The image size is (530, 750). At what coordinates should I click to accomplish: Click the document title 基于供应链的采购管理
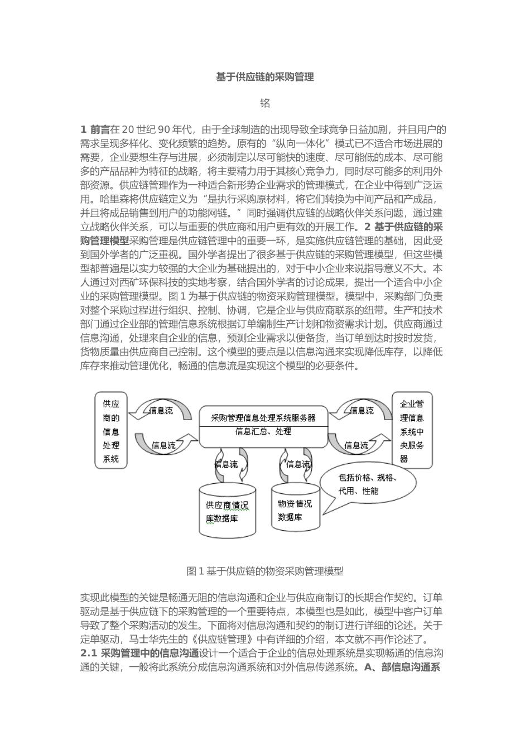[x=265, y=77]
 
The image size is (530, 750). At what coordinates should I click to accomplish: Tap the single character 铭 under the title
[x=265, y=103]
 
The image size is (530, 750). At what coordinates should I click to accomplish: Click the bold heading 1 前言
[x=95, y=130]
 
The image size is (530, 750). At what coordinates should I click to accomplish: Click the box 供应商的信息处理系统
[x=111, y=430]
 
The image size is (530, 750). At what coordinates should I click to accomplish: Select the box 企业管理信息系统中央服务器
[x=412, y=430]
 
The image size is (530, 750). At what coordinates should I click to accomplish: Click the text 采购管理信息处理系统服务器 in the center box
[x=263, y=417]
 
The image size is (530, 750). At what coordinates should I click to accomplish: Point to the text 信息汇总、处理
[x=263, y=431]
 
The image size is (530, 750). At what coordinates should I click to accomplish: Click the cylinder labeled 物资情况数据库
[x=295, y=510]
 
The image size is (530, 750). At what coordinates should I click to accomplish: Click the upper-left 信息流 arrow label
[x=161, y=411]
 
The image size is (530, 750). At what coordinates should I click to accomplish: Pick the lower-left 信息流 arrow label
[x=163, y=445]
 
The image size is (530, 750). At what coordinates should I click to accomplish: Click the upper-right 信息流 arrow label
[x=362, y=411]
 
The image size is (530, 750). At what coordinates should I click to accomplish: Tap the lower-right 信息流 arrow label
[x=356, y=445]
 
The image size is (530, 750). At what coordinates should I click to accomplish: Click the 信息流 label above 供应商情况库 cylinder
[x=226, y=464]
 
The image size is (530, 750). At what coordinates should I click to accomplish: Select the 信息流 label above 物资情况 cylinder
[x=298, y=464]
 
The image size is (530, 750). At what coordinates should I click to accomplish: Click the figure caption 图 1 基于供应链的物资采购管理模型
[x=265, y=571]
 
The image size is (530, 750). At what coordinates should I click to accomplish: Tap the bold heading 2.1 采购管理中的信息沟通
[x=140, y=653]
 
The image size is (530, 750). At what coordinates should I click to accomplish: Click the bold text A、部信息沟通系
[x=402, y=667]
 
